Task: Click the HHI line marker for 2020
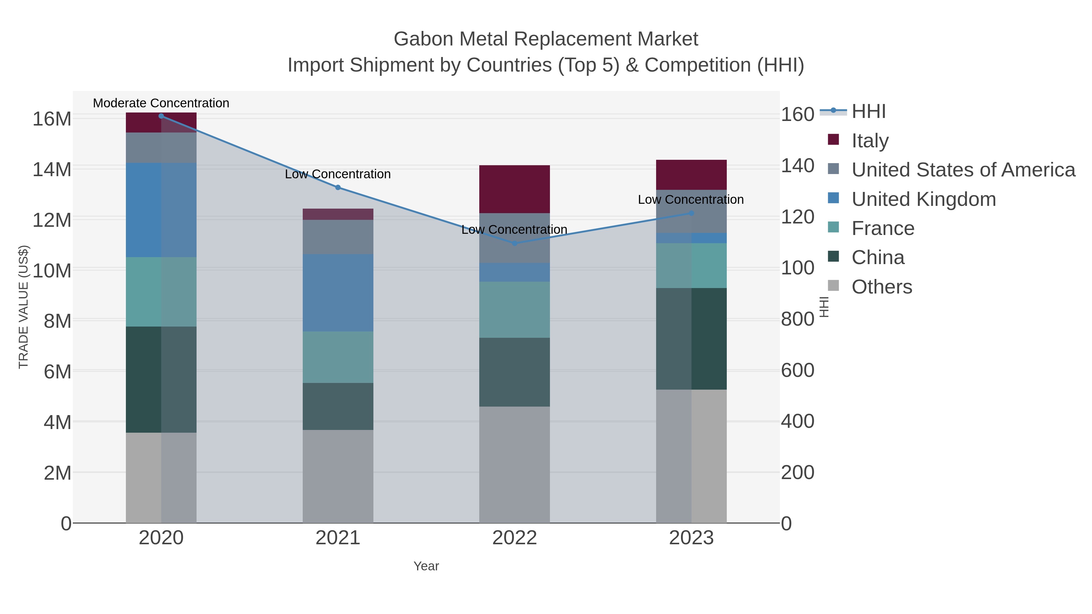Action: [x=161, y=116]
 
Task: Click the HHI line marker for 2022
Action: [x=515, y=243]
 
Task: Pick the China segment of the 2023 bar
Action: [x=691, y=339]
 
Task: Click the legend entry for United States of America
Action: [x=963, y=170]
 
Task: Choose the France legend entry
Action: [x=883, y=228]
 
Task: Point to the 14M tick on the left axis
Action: [x=52, y=169]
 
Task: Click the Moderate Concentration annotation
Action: [x=161, y=103]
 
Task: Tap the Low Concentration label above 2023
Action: [x=691, y=200]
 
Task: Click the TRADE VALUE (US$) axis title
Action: [x=24, y=307]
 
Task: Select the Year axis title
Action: [x=426, y=566]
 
